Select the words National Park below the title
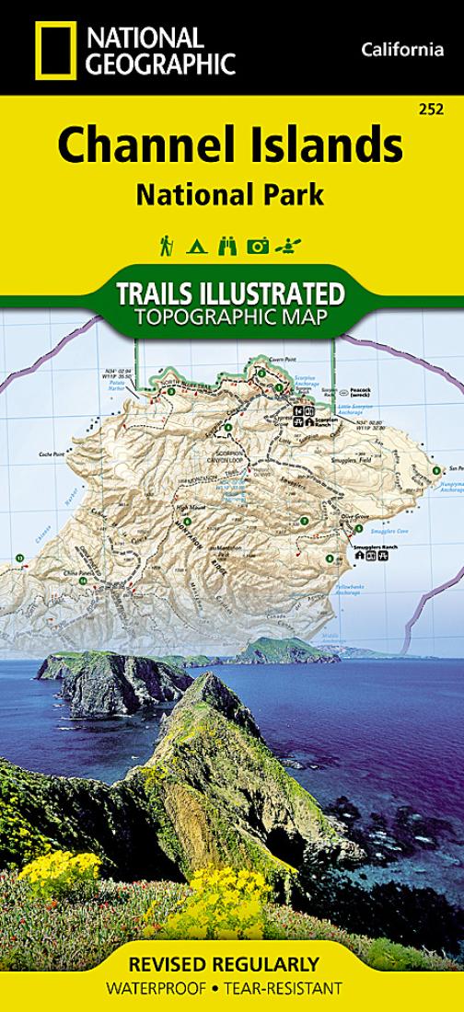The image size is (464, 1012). click(231, 194)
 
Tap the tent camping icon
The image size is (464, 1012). click(196, 246)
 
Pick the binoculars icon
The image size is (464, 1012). click(226, 246)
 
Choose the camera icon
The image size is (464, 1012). click(258, 246)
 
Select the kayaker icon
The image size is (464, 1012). click(293, 246)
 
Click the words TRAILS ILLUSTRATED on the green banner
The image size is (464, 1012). click(231, 295)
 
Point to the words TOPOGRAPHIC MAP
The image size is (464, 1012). click(231, 319)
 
